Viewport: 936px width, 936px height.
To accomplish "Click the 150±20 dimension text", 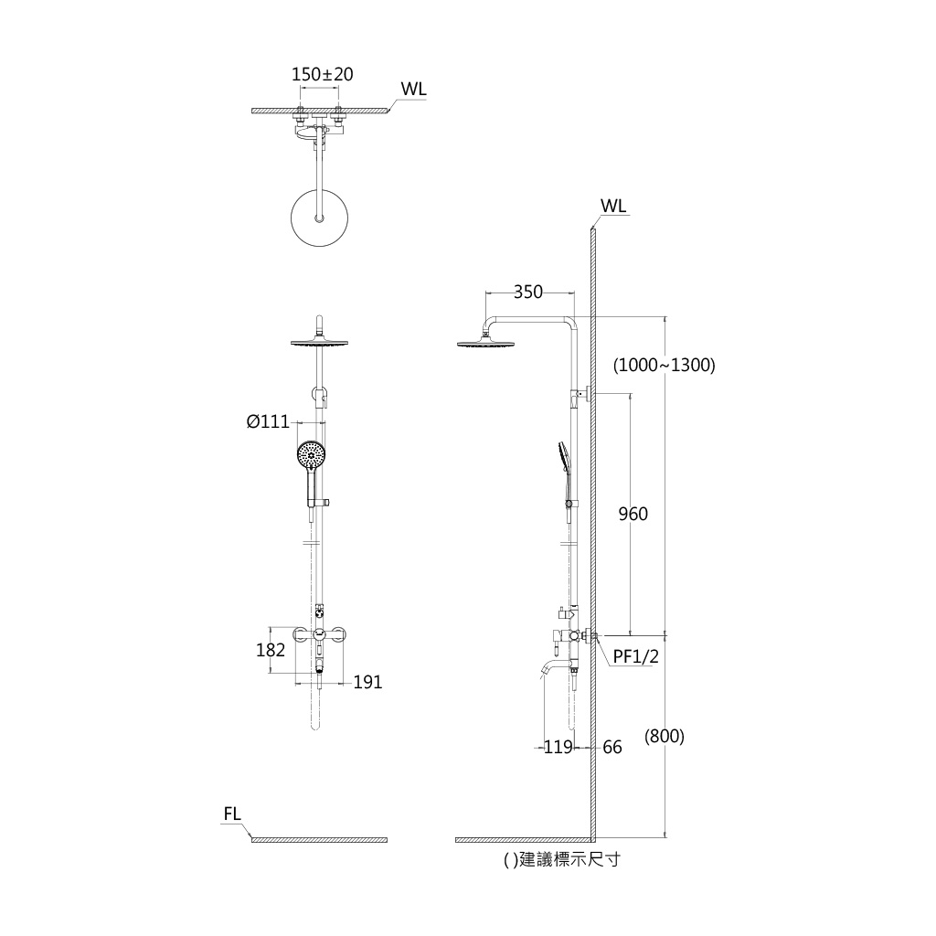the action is tap(322, 75).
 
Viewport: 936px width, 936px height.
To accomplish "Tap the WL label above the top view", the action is tap(414, 89).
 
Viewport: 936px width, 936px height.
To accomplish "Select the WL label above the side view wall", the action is tap(613, 206).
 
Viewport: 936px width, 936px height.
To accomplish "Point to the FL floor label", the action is tap(232, 814).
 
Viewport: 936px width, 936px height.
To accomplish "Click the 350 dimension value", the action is tap(528, 292).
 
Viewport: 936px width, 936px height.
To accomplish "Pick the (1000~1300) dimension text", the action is tap(665, 365).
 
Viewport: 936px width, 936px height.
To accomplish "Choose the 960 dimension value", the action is tap(633, 514).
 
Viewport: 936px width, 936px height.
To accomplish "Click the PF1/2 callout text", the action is tap(636, 656).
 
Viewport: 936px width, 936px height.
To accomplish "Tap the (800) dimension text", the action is tap(665, 736).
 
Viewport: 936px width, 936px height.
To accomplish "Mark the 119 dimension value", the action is tap(558, 748).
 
